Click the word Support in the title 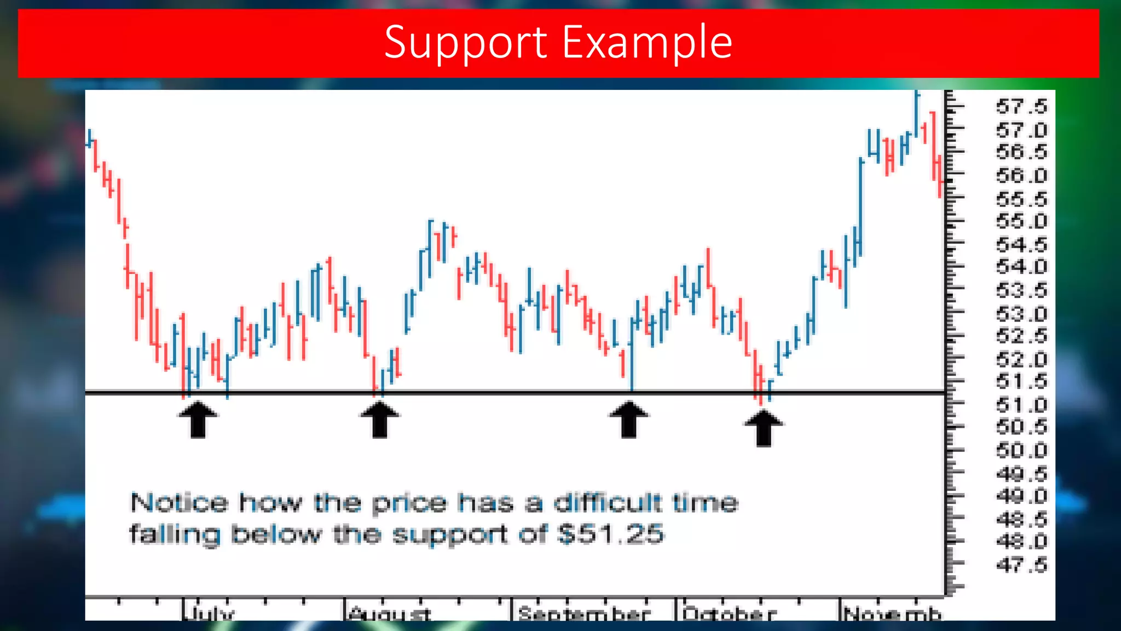point(465,43)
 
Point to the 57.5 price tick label point(1021,106)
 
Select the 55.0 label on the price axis point(1021,222)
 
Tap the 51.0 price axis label point(1021,405)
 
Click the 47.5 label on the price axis point(1021,565)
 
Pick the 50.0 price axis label point(1021,451)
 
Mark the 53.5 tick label point(1021,290)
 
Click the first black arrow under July point(198,419)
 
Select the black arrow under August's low point(380,419)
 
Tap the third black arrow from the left point(629,419)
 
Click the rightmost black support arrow point(764,427)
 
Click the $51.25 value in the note point(610,534)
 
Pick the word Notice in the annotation point(179,503)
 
